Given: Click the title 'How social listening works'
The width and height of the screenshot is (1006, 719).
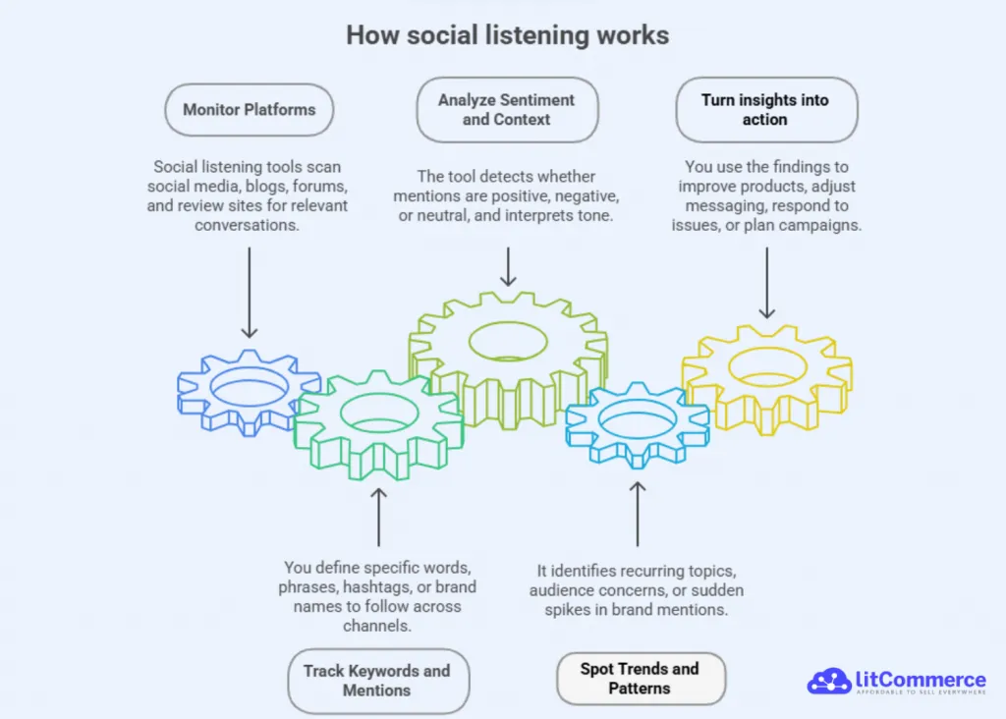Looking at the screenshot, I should [507, 36].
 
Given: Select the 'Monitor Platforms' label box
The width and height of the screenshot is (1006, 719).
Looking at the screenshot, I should [250, 109].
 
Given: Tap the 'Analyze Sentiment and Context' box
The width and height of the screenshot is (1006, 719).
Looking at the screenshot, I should [507, 110].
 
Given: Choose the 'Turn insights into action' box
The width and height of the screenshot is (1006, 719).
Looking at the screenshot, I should [765, 110].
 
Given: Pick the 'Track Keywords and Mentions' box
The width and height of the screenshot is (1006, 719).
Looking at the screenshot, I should [376, 680].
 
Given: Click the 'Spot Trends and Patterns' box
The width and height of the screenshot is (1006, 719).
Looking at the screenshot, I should [640, 678].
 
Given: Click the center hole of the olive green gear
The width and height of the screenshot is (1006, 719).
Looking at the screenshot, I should [508, 340].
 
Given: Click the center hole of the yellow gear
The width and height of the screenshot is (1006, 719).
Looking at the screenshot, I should [768, 366].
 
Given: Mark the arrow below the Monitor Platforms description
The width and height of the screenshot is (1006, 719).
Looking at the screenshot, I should [250, 292].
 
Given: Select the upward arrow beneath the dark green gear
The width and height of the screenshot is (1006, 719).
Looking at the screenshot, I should [378, 515].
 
